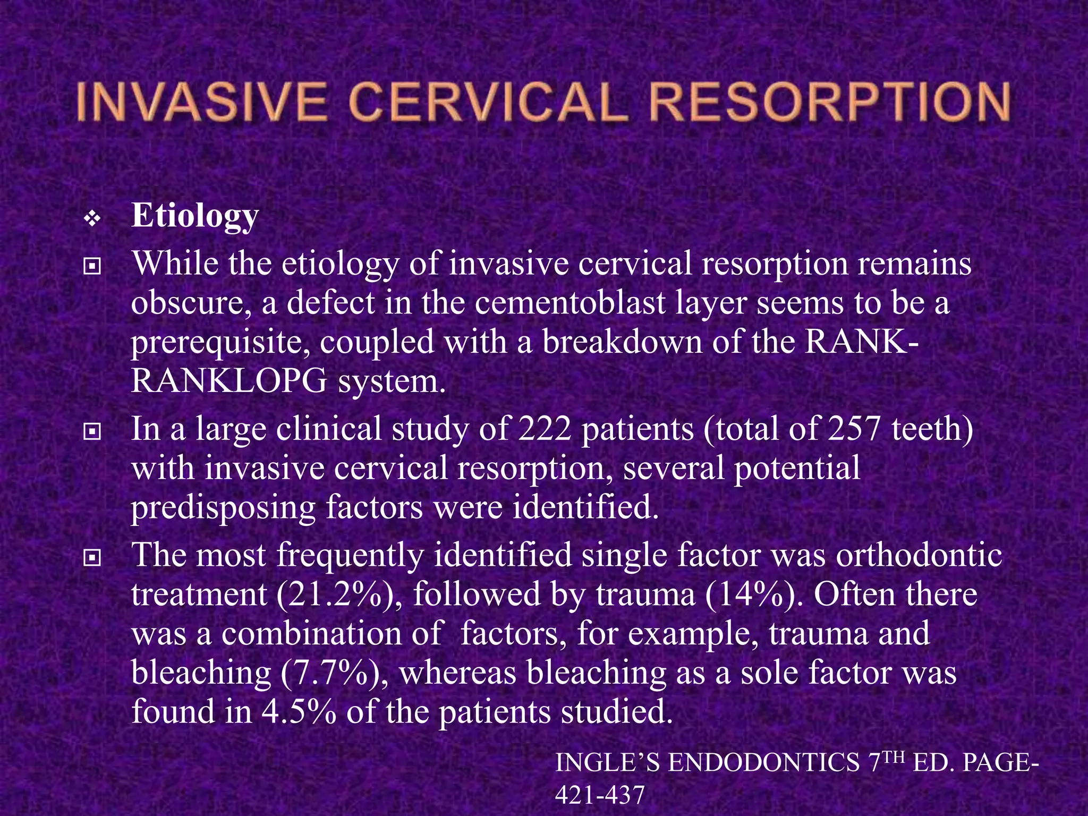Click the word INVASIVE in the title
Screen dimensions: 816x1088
[x=201, y=103]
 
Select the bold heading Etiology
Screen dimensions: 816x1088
[x=195, y=216]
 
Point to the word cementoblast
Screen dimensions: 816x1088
[x=570, y=303]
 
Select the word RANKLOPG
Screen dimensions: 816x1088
[x=229, y=381]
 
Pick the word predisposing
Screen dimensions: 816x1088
[x=223, y=507]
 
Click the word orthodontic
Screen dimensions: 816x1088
[x=919, y=555]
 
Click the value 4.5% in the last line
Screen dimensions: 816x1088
[x=299, y=712]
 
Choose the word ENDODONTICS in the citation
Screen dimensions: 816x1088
[x=763, y=763]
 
